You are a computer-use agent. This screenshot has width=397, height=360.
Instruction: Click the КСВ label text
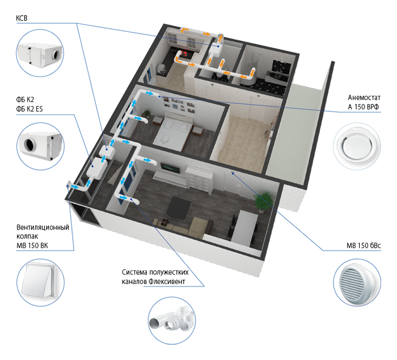(x=22, y=18)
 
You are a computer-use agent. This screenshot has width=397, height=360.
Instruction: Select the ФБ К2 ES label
(x=29, y=109)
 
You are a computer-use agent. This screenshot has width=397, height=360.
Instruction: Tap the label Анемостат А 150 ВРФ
(x=364, y=102)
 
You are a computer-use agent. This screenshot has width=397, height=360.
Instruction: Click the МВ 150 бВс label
(x=364, y=245)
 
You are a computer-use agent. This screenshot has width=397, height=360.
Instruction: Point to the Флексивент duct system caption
(x=155, y=277)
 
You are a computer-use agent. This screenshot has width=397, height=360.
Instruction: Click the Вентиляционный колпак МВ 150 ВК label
(x=43, y=236)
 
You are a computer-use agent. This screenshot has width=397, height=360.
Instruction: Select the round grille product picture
(x=357, y=282)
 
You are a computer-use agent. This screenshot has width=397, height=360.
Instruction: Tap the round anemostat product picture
(x=357, y=146)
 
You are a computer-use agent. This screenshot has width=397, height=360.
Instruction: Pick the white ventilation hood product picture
(x=40, y=282)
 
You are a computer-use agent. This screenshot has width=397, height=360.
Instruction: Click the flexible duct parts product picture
(x=172, y=320)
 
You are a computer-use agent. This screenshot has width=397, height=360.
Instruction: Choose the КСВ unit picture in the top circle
(x=40, y=53)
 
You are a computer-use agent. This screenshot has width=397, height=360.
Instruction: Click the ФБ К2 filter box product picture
(x=40, y=146)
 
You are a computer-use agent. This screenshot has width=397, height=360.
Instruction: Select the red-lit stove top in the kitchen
(x=185, y=53)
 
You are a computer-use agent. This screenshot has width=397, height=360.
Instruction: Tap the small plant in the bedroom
(x=146, y=114)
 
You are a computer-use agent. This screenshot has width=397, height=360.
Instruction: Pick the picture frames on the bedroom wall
(x=180, y=104)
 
